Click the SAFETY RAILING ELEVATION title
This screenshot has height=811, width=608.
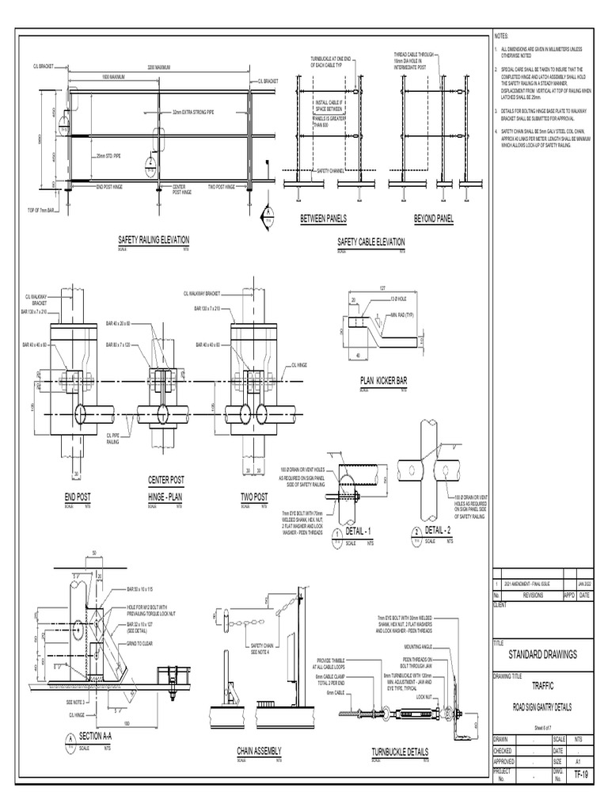154,240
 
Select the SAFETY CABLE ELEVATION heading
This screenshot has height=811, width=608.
370,242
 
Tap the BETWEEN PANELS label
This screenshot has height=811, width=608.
323,218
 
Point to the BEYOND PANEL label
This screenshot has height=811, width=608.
433,218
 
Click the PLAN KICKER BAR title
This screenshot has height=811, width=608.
383,381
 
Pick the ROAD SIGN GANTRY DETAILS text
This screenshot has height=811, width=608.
542,707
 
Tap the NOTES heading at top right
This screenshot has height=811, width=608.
502,37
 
